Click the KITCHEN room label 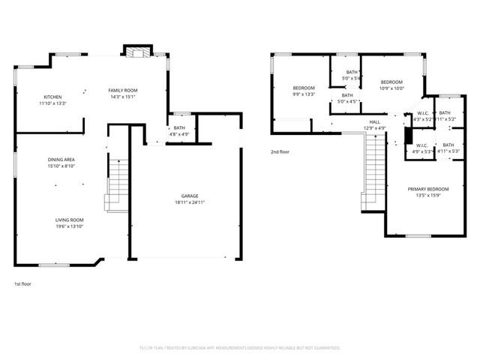(x=52, y=97)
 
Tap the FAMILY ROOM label (x=124, y=90)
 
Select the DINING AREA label (x=61, y=160)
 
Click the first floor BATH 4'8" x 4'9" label (x=179, y=127)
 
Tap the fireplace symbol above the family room (x=136, y=54)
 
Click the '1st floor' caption (x=22, y=284)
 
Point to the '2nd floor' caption (x=280, y=151)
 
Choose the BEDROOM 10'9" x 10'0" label (x=391, y=82)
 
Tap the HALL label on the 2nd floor (x=374, y=121)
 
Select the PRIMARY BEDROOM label (x=428, y=189)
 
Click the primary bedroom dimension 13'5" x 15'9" (x=428, y=196)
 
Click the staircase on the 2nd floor (x=375, y=169)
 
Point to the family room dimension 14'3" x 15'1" (x=124, y=97)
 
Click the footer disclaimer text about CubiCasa (x=239, y=348)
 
